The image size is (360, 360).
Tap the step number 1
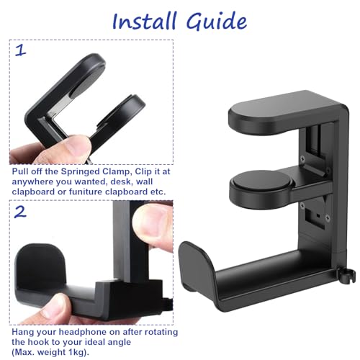coord(20,50)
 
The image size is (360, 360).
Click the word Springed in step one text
coord(78,173)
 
